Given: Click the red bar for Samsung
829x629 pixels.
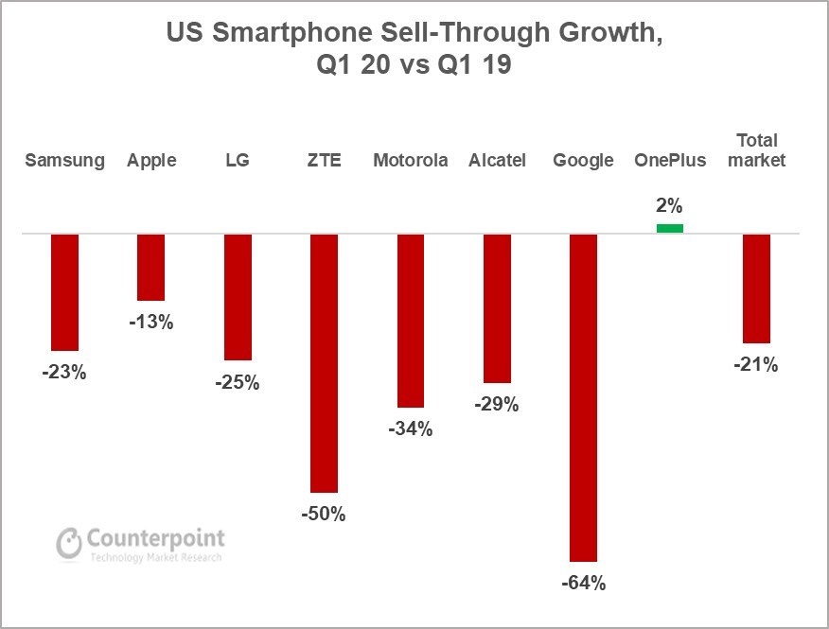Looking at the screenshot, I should click(64, 291).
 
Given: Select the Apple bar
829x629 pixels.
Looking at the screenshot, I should click(151, 267).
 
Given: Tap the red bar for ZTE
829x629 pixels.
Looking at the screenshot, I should click(325, 362).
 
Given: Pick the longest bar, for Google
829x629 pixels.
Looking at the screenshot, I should click(583, 397).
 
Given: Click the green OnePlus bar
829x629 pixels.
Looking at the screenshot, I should click(670, 228).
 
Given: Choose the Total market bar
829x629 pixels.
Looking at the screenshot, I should click(756, 288).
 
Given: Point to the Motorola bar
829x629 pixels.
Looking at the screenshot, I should click(411, 320).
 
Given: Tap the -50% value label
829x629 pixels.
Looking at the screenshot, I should click(325, 515).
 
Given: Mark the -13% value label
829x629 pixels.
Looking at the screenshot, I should click(151, 322).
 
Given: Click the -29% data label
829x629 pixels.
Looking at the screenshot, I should click(497, 405).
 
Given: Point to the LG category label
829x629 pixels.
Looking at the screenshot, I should click(238, 160).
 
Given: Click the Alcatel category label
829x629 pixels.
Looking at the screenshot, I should click(497, 160).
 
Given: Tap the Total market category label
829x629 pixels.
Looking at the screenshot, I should click(756, 149).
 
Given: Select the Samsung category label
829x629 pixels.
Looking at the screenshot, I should click(64, 160).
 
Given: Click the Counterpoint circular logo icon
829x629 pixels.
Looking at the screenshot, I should click(69, 543).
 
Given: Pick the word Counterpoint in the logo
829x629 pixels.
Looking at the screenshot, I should click(156, 538).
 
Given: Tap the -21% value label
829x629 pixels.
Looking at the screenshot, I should click(756, 364).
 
